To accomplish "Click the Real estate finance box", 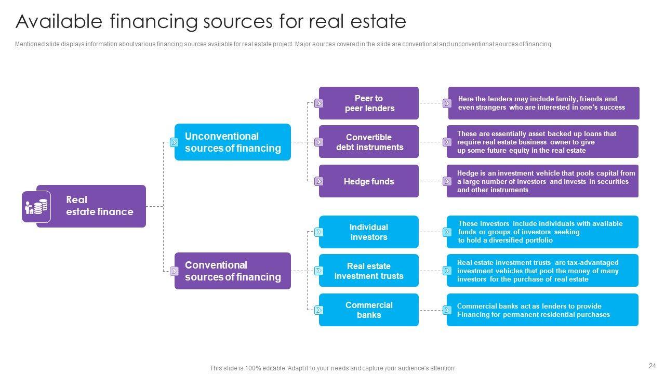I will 99,206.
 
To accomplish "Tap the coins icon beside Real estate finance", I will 36,207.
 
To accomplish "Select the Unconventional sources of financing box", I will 233,142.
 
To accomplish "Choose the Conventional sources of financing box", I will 233,271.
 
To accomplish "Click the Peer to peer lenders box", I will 369,103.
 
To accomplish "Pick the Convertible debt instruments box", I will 369,142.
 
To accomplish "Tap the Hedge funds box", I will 369,181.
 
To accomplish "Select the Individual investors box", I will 369,232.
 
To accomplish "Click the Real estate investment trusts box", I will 369,271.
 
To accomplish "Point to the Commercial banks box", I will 369,310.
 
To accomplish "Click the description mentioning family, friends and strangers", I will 543,103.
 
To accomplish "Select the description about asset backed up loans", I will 542,142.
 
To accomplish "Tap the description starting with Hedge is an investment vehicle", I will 542,181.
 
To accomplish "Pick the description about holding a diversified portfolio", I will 542,232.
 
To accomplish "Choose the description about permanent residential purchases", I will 542,310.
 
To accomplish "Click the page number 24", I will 652,366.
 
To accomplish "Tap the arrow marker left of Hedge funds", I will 319,181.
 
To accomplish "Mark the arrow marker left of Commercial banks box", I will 319,310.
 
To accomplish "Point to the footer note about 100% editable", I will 332,368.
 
